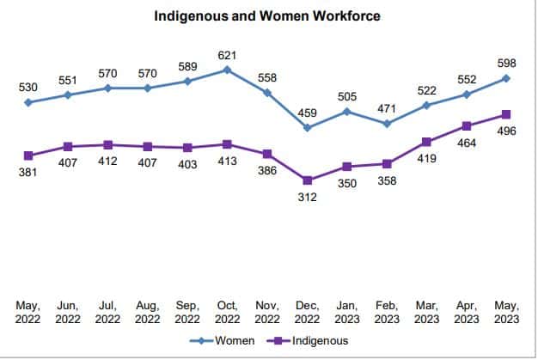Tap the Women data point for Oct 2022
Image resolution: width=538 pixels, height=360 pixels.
(228, 70)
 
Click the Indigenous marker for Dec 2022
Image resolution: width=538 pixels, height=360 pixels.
(307, 180)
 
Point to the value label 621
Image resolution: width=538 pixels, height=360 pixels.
(227, 55)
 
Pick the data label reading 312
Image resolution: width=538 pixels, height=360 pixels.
(307, 197)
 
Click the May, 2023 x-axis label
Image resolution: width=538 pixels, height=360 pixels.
(506, 311)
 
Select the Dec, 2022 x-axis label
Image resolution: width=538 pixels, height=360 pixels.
(307, 311)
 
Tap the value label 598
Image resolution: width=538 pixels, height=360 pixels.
(506, 64)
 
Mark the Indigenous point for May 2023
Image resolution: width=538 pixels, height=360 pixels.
(506, 114)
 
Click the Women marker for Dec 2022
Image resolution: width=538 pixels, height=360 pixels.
(307, 128)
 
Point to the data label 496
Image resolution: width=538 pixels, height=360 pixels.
(506, 131)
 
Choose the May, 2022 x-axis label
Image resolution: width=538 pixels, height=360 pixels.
(28, 311)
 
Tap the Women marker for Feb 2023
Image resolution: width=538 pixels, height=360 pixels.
(387, 124)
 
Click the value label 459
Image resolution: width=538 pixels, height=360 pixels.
(307, 112)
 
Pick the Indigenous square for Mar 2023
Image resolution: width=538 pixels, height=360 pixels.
(426, 141)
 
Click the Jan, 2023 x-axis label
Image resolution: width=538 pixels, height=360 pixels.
(346, 311)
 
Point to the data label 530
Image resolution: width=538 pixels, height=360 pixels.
(28, 88)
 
